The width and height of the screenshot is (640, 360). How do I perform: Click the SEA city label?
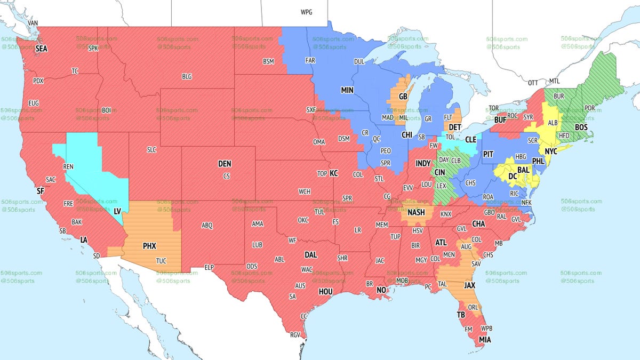[42, 49]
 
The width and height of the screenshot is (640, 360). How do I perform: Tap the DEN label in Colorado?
[225, 164]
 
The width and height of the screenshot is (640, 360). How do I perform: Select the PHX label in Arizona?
[149, 246]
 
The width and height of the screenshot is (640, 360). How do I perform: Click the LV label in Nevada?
[117, 211]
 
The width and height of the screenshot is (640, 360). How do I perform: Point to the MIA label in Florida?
[485, 339]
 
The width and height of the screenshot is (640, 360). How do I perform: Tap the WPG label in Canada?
[307, 12]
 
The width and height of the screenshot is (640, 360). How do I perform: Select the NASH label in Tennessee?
[416, 212]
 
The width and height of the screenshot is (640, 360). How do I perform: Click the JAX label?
[470, 285]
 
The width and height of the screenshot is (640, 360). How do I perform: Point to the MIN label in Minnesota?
[348, 91]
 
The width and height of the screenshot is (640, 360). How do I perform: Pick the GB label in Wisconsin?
[403, 97]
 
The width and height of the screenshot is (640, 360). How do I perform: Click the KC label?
[334, 173]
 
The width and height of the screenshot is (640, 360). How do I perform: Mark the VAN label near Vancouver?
[33, 23]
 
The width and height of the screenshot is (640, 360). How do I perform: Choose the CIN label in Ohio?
[441, 172]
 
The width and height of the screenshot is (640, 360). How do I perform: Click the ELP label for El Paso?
[210, 267]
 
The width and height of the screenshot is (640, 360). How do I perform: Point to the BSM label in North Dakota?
[268, 62]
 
